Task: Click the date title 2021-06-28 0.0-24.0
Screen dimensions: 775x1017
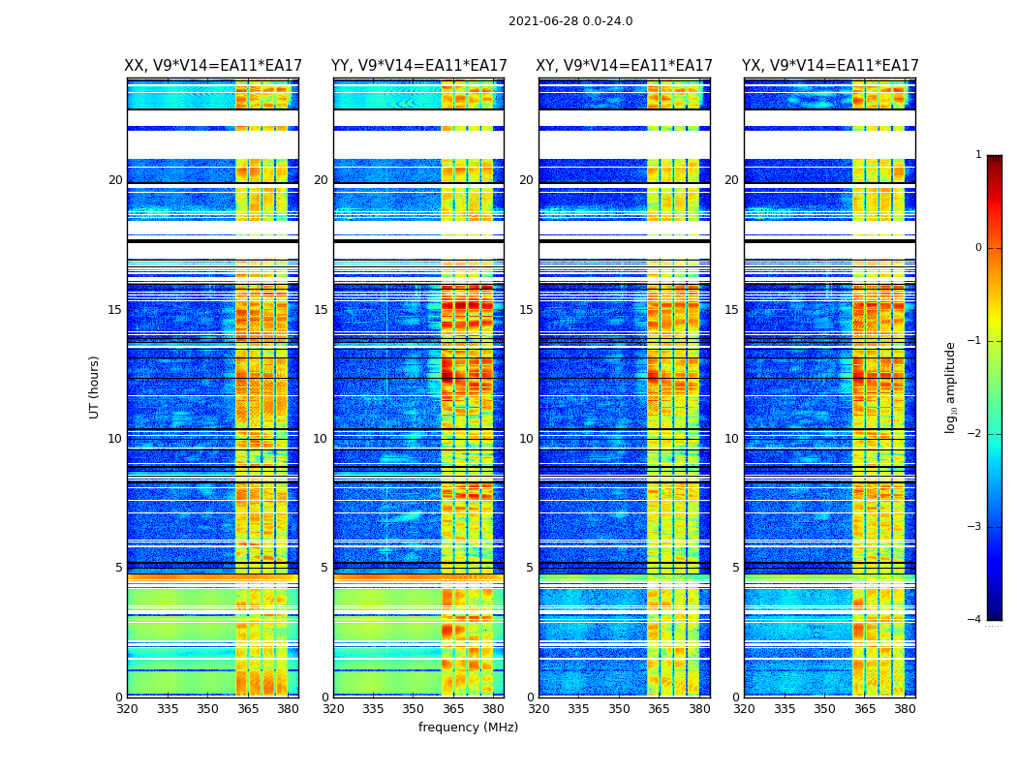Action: [570, 21]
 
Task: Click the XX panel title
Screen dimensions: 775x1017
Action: [213, 66]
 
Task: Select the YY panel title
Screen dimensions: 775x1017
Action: [418, 66]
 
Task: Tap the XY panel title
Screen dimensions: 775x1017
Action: [625, 66]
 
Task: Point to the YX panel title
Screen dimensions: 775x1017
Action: [830, 66]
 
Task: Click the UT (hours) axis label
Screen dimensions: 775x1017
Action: [94, 387]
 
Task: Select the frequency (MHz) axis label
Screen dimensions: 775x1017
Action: [468, 728]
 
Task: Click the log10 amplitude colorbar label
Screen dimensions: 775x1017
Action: [951, 387]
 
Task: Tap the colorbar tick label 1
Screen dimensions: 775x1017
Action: [977, 155]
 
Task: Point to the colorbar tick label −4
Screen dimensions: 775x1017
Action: [975, 620]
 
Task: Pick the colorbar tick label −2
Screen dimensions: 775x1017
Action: [975, 434]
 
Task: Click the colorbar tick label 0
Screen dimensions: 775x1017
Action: [977, 248]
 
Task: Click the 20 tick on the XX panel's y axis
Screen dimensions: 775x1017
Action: [115, 180]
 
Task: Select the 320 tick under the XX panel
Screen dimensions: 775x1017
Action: [127, 709]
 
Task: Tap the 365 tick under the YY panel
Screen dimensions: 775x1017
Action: [453, 709]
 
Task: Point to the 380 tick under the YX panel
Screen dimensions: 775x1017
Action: [905, 709]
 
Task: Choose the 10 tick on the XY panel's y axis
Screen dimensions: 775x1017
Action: [526, 439]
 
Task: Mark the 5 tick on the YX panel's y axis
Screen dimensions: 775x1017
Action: [735, 568]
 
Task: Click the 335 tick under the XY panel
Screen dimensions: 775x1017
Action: [578, 709]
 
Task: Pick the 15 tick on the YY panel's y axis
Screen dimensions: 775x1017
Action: [321, 310]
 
